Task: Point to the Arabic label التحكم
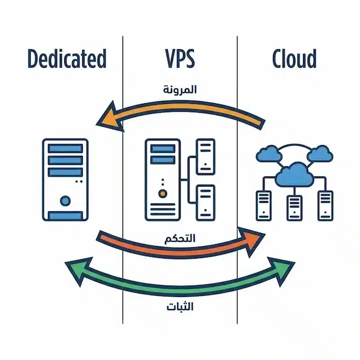[180, 238]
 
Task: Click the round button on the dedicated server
[65, 199]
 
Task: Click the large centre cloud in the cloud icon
[294, 173]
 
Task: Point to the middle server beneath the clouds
[294, 206]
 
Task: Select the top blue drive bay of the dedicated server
[65, 148]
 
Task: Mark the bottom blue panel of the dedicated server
[65, 215]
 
